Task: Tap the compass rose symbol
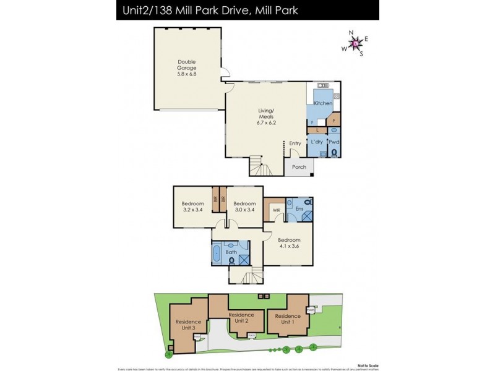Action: pyautogui.click(x=355, y=43)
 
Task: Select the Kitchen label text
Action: pyautogui.click(x=322, y=103)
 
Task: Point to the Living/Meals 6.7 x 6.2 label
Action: pyautogui.click(x=267, y=117)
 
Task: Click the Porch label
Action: pyautogui.click(x=299, y=167)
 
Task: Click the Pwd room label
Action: pyautogui.click(x=334, y=142)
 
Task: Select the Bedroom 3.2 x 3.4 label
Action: pyautogui.click(x=192, y=207)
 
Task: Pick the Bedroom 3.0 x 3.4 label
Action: pyautogui.click(x=244, y=207)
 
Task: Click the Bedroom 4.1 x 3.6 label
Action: pyautogui.click(x=288, y=243)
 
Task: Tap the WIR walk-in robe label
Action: pyautogui.click(x=276, y=210)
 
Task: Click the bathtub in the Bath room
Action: pyautogui.click(x=217, y=254)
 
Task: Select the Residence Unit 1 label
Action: pyautogui.click(x=286, y=319)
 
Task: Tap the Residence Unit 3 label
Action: pyautogui.click(x=188, y=325)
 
